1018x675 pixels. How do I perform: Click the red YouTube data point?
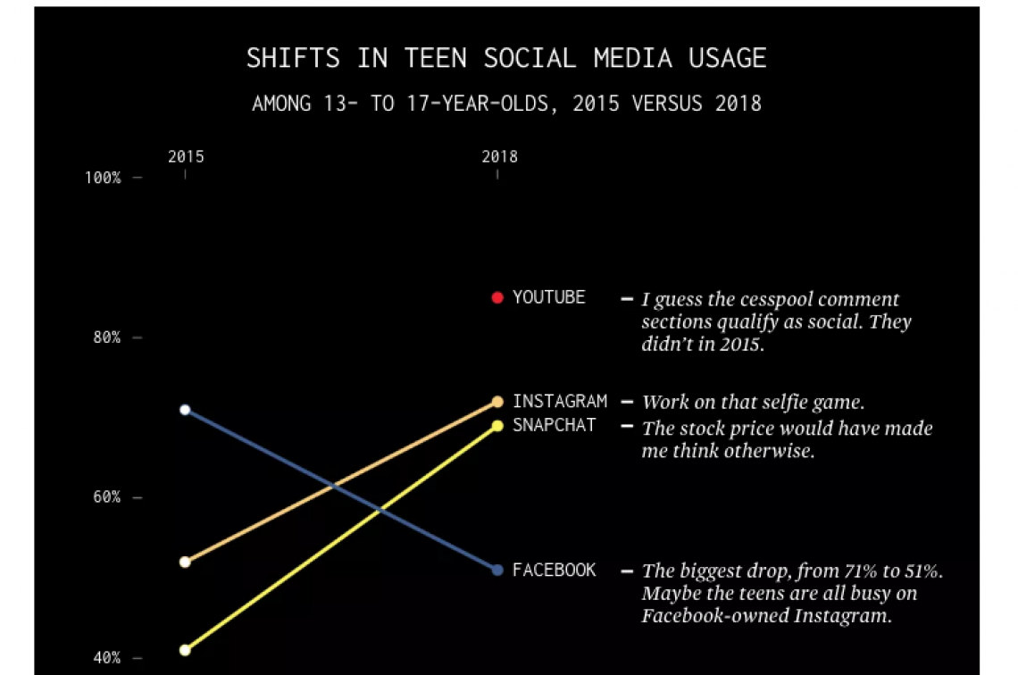tap(497, 297)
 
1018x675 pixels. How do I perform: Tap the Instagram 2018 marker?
tap(497, 402)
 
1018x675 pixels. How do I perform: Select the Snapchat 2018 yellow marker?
tap(497, 425)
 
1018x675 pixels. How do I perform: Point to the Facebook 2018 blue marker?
tap(497, 570)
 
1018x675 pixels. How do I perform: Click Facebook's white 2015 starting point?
tap(185, 410)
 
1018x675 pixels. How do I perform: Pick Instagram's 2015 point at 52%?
tap(185, 562)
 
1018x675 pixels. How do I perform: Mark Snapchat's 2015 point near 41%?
tap(185, 650)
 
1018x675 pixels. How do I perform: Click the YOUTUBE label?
tap(548, 297)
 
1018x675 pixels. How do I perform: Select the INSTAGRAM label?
tap(559, 402)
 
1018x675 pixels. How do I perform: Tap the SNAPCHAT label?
tap(554, 425)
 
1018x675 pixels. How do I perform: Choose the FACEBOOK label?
tap(554, 570)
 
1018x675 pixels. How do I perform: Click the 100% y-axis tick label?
tap(103, 178)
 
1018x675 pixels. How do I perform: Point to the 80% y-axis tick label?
tap(106, 337)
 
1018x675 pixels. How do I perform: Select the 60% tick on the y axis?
tap(106, 497)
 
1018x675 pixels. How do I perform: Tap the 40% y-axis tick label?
tap(106, 658)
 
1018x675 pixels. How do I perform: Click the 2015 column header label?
tap(186, 157)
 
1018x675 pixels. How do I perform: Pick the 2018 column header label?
tap(499, 157)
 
